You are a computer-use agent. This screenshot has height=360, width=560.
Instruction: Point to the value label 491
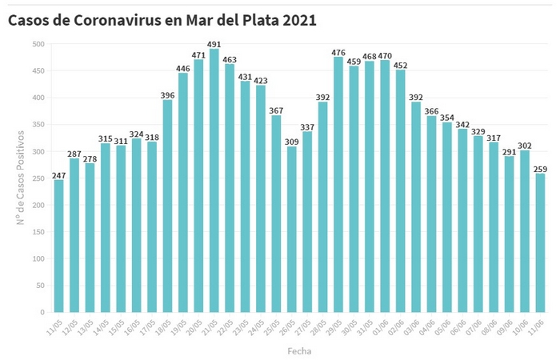214,44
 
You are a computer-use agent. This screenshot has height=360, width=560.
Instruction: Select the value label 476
338,52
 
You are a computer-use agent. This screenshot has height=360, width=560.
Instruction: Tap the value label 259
540,168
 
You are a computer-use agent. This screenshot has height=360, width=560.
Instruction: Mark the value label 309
291,142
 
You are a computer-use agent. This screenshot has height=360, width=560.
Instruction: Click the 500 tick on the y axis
38,44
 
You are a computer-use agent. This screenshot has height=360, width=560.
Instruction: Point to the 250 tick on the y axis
38,178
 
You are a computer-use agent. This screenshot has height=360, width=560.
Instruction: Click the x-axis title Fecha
299,350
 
